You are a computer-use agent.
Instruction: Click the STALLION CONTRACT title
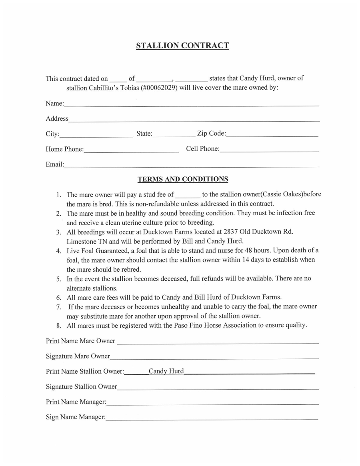click(x=182, y=46)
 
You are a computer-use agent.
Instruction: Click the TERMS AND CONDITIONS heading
click(x=183, y=179)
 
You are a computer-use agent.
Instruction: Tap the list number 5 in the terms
click(x=58, y=279)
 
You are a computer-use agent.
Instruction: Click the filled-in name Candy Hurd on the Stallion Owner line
click(x=166, y=371)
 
